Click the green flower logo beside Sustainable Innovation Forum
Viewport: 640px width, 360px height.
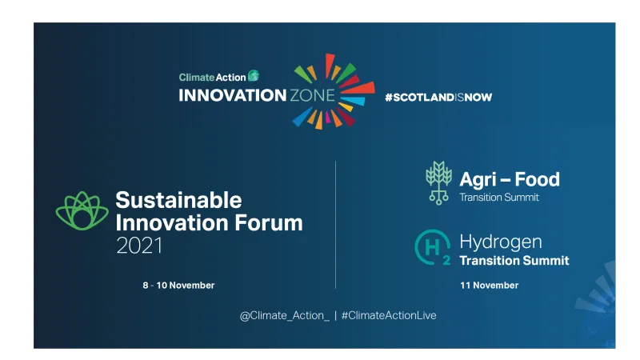click(x=82, y=211)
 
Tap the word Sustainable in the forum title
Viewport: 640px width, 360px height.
click(x=178, y=199)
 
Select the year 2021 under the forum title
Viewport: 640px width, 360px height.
click(x=139, y=246)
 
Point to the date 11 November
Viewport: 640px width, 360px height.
click(x=489, y=286)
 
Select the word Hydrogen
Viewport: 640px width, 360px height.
click(x=500, y=242)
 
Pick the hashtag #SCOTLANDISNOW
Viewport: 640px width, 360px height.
click(x=438, y=98)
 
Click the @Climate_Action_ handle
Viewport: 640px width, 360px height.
click(x=284, y=315)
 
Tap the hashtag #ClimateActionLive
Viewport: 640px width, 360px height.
click(x=389, y=315)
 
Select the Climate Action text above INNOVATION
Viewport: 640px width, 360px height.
click(x=212, y=78)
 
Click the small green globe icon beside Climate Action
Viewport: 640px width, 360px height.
click(x=254, y=76)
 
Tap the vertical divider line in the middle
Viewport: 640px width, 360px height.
click(x=335, y=224)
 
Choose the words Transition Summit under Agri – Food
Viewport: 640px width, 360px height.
click(x=498, y=198)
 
